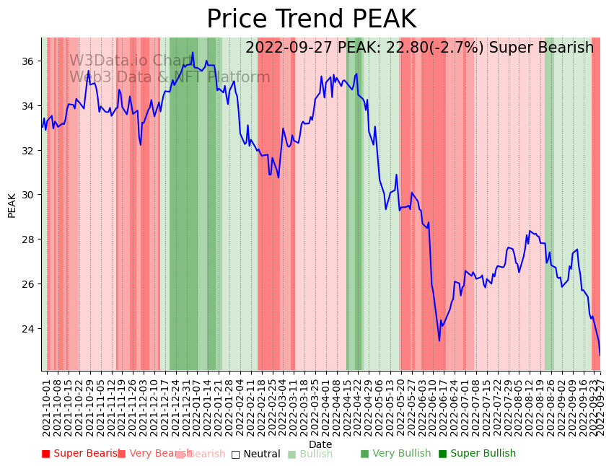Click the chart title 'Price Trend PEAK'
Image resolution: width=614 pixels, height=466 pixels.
point(311,19)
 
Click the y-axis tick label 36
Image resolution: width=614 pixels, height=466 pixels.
point(28,61)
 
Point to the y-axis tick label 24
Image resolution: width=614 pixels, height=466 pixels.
point(28,328)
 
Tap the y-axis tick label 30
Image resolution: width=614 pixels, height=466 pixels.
point(28,195)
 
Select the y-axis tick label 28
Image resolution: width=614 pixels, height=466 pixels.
point(28,239)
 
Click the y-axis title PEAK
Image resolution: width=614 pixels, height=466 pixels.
point(12,205)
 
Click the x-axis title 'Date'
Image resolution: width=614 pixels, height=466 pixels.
point(320,444)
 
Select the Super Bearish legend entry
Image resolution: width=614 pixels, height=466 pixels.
point(81,454)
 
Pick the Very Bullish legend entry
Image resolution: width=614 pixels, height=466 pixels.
point(395,454)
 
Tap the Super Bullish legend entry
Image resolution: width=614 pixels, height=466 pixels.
point(477,454)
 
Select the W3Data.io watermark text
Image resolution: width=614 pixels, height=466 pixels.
point(130,61)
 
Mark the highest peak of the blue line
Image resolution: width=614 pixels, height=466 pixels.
point(193,52)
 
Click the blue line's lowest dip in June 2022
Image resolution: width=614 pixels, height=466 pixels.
point(439,340)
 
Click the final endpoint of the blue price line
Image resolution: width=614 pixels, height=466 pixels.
point(600,354)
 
